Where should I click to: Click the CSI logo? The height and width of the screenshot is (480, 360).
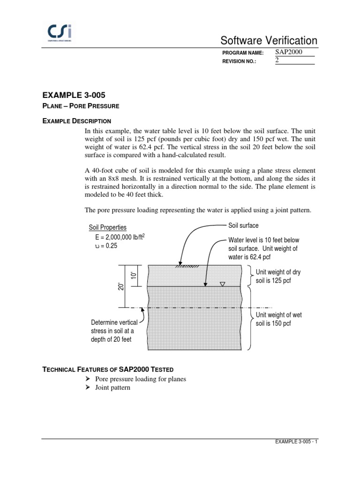tap(63, 33)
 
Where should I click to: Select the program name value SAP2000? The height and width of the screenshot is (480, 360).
tap(289, 52)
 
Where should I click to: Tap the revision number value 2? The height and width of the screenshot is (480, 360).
tap(277, 61)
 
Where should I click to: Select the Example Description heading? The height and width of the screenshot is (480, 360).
tap(76, 121)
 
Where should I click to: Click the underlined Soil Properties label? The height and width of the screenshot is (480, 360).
tap(108, 227)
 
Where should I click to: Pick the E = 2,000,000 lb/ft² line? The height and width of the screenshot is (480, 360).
tap(117, 237)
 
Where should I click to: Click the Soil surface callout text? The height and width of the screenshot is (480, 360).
tap(243, 225)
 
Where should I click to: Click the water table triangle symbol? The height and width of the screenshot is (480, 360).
tap(222, 284)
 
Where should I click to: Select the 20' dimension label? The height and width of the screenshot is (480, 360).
tap(121, 286)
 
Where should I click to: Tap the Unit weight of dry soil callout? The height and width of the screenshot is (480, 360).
tap(278, 276)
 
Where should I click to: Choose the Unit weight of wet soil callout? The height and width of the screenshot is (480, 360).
tap(278, 319)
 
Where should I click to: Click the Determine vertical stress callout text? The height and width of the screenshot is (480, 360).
tap(114, 331)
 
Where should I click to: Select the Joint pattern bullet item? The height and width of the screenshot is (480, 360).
tap(113, 388)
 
